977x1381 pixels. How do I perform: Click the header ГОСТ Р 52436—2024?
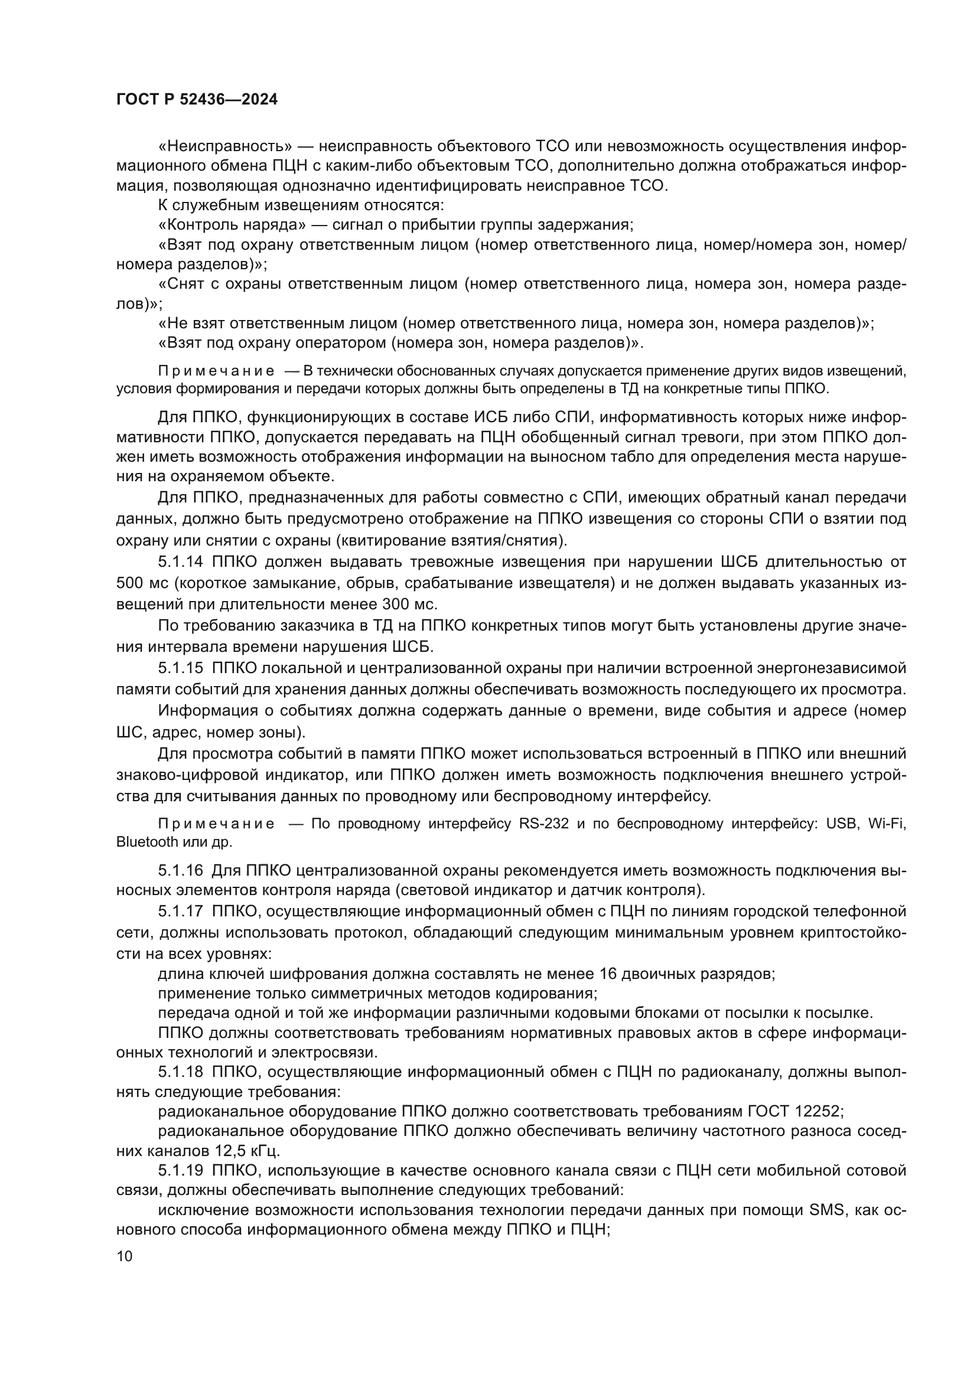tap(197, 100)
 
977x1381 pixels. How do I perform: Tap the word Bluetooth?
tap(147, 841)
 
